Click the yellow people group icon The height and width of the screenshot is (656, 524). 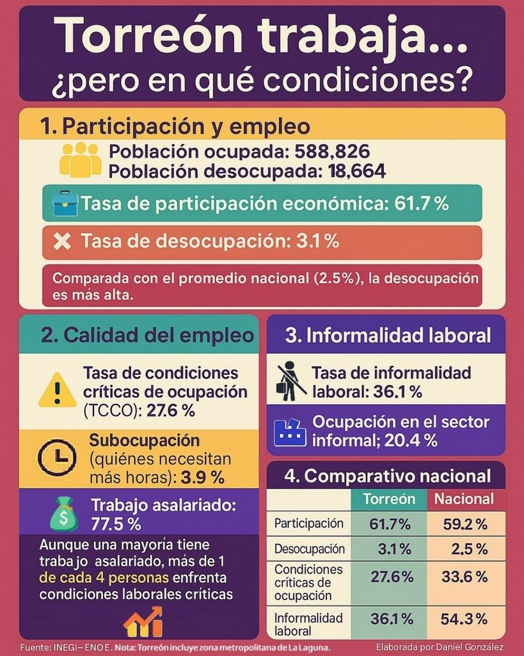(80, 160)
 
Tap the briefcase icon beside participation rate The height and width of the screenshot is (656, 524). (65, 203)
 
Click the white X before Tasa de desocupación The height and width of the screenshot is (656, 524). (62, 242)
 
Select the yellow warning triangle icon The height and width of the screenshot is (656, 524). (57, 391)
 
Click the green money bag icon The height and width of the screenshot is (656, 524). (63, 514)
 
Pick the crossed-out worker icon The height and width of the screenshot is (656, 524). (290, 381)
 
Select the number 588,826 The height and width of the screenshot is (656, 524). (332, 152)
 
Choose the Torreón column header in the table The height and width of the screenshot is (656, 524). (389, 499)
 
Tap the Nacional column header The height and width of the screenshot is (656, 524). (464, 499)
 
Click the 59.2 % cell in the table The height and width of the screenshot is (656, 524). (464, 524)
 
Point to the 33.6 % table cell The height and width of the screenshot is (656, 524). (464, 577)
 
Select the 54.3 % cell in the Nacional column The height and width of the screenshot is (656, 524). (464, 619)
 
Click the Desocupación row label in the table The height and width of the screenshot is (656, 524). (310, 549)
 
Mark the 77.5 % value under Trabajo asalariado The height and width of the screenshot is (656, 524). (116, 523)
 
